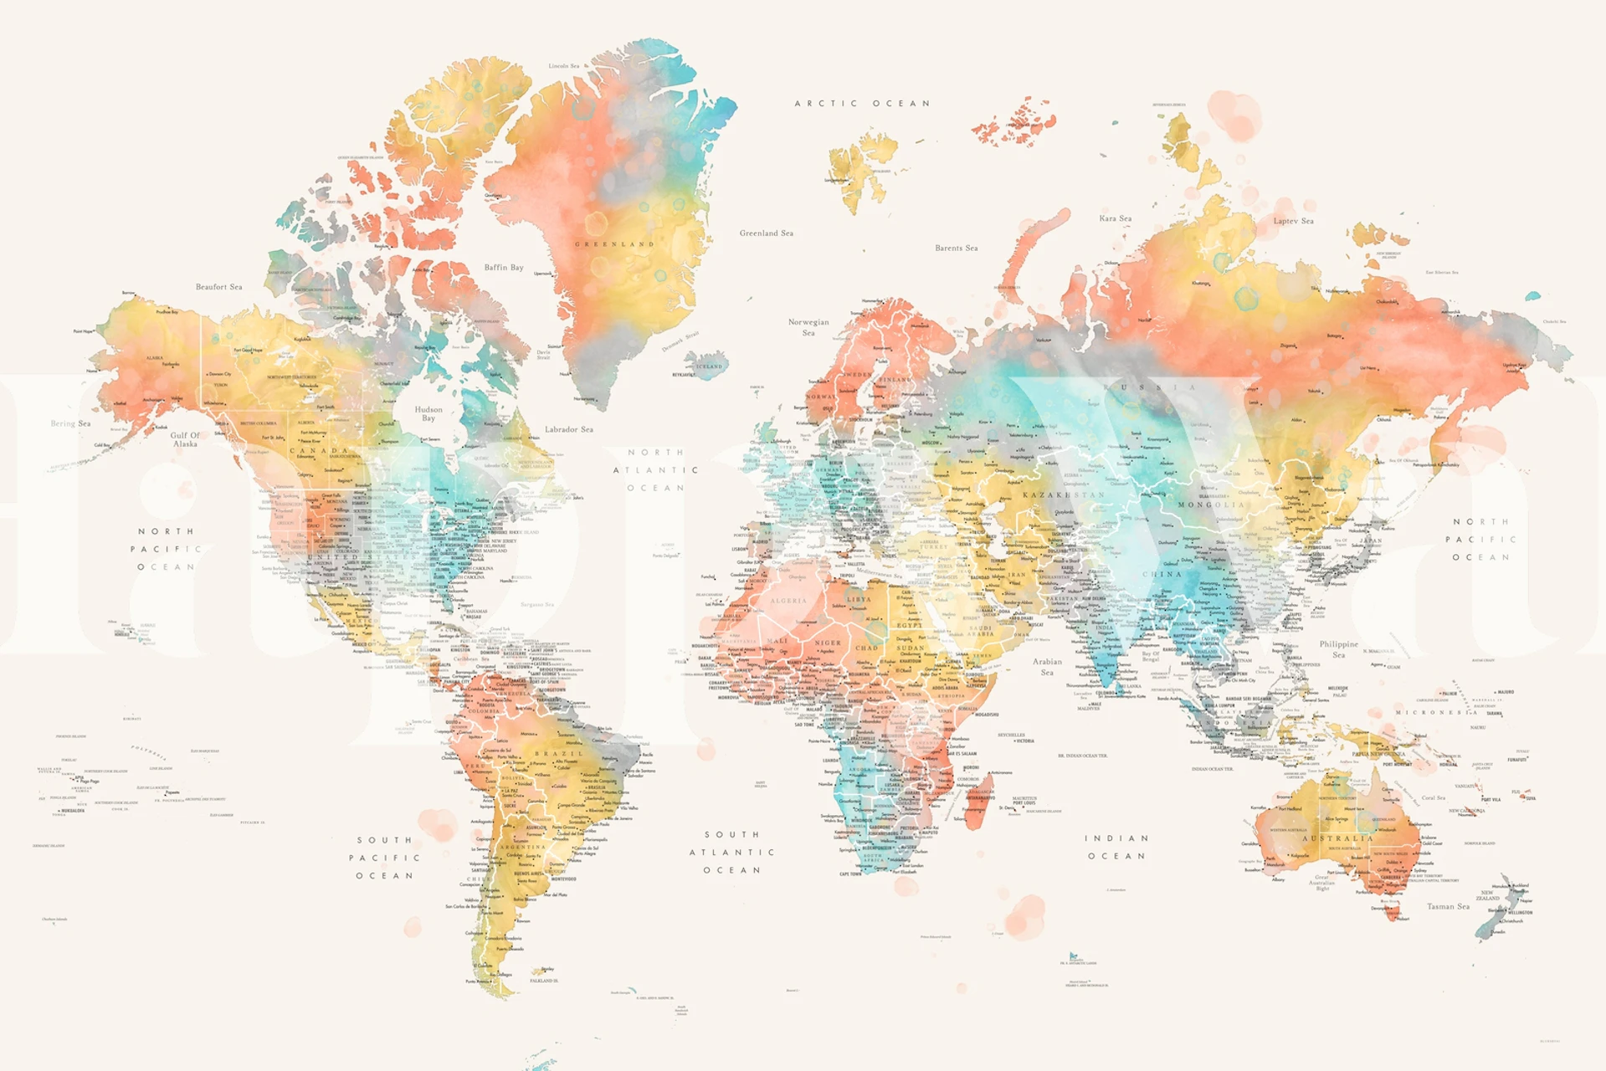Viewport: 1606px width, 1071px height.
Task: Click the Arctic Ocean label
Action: [x=862, y=104]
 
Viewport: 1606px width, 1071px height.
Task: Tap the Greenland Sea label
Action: [x=766, y=233]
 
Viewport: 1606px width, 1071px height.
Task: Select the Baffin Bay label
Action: [x=504, y=268]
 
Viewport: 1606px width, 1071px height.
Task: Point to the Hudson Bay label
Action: [x=428, y=413]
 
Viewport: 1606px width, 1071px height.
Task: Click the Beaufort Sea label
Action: [x=218, y=287]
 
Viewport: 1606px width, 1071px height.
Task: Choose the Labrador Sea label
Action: [x=569, y=429]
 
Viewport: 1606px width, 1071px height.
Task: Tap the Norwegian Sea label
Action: [x=808, y=327]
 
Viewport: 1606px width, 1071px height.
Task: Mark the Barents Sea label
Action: [x=956, y=248]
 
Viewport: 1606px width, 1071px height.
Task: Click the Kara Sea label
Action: [x=1115, y=218]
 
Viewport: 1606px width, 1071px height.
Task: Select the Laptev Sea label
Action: [x=1293, y=221]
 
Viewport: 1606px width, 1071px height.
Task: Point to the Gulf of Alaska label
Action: [x=185, y=439]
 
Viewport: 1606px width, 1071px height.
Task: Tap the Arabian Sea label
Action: [x=1047, y=666]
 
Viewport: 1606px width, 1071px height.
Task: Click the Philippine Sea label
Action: [x=1339, y=648]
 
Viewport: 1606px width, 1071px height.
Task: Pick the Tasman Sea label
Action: [x=1448, y=906]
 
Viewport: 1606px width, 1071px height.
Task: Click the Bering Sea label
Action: [x=70, y=423]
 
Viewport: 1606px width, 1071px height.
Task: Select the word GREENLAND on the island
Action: [x=614, y=244]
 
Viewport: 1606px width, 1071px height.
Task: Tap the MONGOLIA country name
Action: [x=1211, y=505]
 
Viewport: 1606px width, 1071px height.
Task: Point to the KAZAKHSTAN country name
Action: [x=1063, y=495]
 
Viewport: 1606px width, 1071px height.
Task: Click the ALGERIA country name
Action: [x=788, y=601]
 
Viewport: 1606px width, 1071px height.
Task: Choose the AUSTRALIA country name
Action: [x=1337, y=838]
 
